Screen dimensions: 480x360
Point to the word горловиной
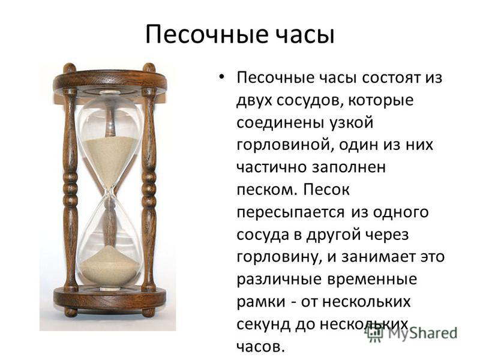point(283,145)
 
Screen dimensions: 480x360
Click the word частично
point(272,167)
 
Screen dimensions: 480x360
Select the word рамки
point(261,302)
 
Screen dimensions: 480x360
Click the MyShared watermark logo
point(412,333)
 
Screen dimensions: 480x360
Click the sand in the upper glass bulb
point(110,156)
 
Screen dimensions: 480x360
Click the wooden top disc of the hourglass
point(110,80)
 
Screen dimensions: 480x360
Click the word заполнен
point(349,168)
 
